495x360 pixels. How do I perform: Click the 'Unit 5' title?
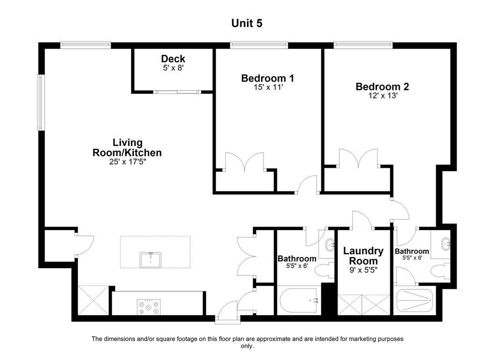[247, 23]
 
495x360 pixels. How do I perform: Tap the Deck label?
[173, 59]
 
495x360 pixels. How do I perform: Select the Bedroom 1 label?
[267, 78]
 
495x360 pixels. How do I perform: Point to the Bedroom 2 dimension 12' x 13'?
[382, 96]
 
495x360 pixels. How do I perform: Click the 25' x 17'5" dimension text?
[127, 162]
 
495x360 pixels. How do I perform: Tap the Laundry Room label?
[363, 256]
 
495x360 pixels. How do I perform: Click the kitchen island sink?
[151, 259]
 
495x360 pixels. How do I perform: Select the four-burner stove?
[148, 307]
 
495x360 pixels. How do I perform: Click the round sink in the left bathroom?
[330, 245]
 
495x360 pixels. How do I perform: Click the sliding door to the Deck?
[176, 91]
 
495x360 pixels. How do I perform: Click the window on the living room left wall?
[41, 102]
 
